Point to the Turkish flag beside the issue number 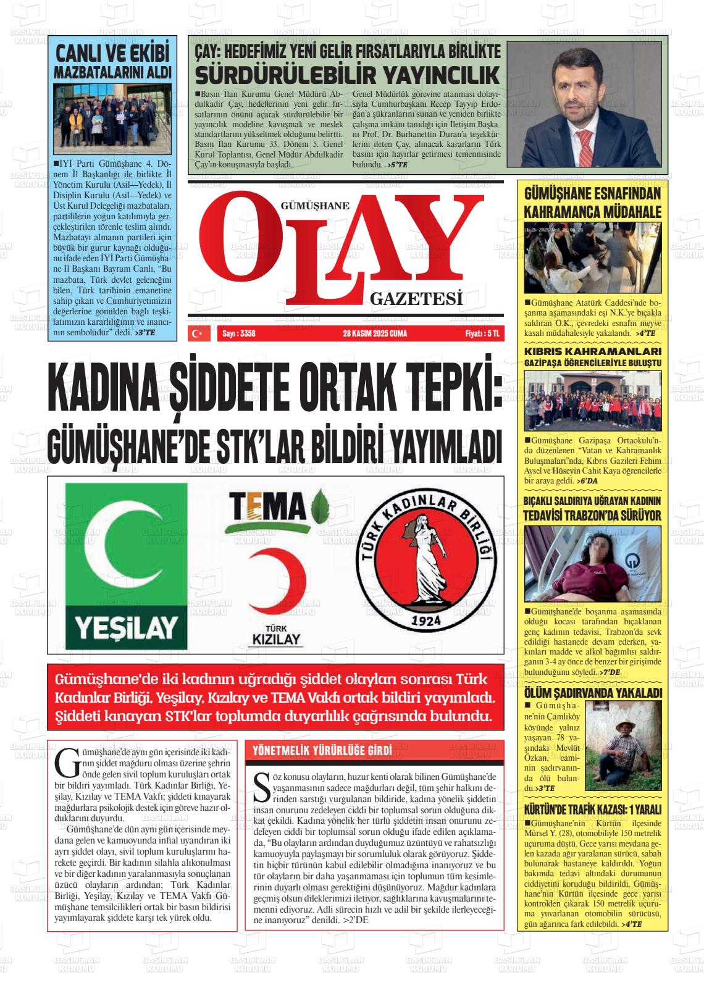point(198,334)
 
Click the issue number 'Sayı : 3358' point(238,334)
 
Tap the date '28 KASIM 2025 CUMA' point(374,334)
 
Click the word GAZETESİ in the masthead point(416,299)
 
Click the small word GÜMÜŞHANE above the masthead point(315,207)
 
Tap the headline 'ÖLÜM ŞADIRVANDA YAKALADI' point(592,692)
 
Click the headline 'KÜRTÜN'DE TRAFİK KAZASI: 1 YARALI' point(592,810)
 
